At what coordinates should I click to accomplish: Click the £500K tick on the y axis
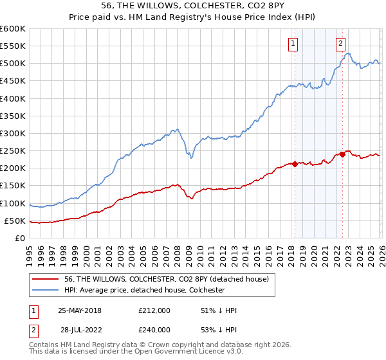13,64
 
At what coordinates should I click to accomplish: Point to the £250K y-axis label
13,151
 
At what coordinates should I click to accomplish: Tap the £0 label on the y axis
19,239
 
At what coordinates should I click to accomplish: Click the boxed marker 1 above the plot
293,44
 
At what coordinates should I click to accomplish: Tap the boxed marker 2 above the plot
340,44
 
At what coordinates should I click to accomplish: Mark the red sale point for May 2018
295,164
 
